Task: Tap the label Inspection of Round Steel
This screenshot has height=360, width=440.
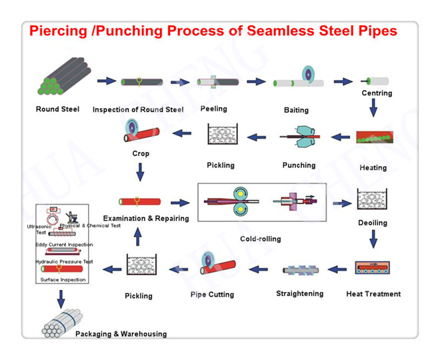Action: pos(138,109)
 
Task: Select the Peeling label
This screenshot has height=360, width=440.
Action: pos(213,109)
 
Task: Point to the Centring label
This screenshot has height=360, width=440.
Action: pos(377,93)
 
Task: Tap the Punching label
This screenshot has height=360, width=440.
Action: pos(299,165)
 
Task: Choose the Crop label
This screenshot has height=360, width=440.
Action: pos(141,153)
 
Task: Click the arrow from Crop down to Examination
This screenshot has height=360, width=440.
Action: pos(141,173)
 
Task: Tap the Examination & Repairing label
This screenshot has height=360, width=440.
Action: pos(145,218)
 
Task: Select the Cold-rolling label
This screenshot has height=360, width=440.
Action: pos(261,239)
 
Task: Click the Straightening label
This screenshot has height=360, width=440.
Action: pos(299,293)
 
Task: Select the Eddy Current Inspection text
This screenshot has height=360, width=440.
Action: pos(64,245)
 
